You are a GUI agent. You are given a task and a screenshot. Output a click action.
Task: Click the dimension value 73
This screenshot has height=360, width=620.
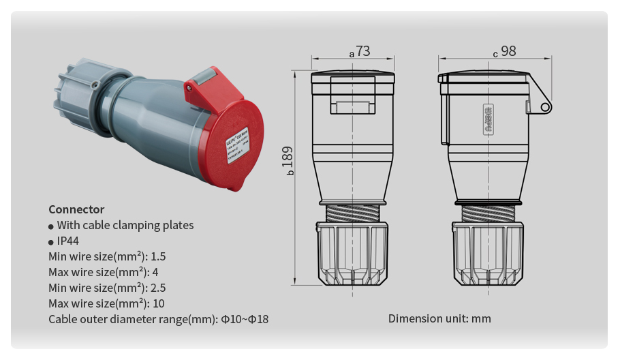[x=362, y=51]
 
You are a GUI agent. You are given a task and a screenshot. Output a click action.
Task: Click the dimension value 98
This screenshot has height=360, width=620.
[x=508, y=51]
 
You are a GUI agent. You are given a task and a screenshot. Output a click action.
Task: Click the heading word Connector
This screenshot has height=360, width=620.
[x=76, y=209]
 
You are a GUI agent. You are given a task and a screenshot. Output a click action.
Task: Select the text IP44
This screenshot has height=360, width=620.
[x=69, y=241]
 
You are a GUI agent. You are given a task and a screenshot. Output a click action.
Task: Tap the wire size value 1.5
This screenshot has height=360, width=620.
[x=157, y=256]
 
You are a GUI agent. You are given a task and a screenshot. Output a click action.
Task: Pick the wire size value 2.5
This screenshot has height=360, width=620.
[x=157, y=288]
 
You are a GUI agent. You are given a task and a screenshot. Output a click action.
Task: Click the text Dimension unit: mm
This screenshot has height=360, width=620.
[x=439, y=318]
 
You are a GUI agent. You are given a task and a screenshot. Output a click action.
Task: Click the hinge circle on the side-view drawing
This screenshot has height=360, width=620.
[x=545, y=107]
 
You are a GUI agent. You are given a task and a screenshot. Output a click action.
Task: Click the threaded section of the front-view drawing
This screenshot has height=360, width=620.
[x=352, y=213]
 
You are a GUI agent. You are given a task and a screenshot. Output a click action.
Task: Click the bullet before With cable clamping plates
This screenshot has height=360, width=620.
[x=51, y=226]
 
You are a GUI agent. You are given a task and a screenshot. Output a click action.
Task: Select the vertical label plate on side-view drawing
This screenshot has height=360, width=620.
[x=488, y=121]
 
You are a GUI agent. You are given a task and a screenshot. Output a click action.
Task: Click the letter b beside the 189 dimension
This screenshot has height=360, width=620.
[x=290, y=173]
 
